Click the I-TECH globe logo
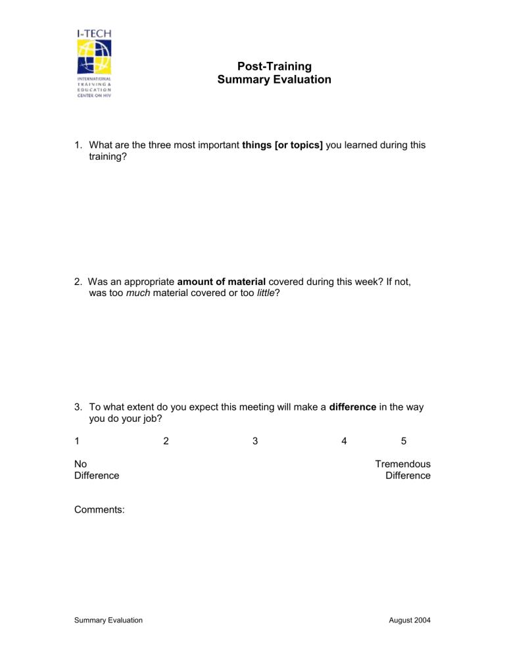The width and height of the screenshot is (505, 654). coord(93,57)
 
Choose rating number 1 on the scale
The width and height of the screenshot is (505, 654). coord(77,441)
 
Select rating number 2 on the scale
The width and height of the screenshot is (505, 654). coord(166,441)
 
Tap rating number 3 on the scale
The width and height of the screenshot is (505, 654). coord(254,441)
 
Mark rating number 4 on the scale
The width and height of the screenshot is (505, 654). coord(344,441)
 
